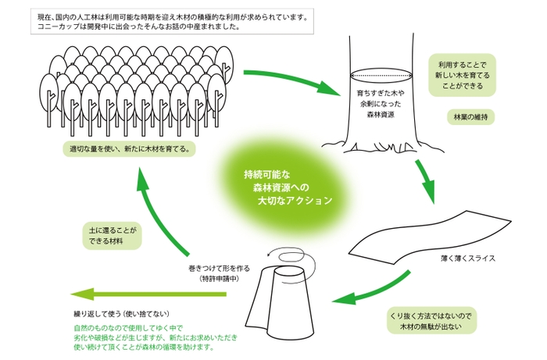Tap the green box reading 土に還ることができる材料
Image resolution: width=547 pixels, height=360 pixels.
[112, 237]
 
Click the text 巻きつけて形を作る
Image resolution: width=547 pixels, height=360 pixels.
[219, 268]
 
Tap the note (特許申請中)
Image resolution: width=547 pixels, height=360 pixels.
[219, 279]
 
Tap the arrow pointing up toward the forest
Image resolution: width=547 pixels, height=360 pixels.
[164, 211]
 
